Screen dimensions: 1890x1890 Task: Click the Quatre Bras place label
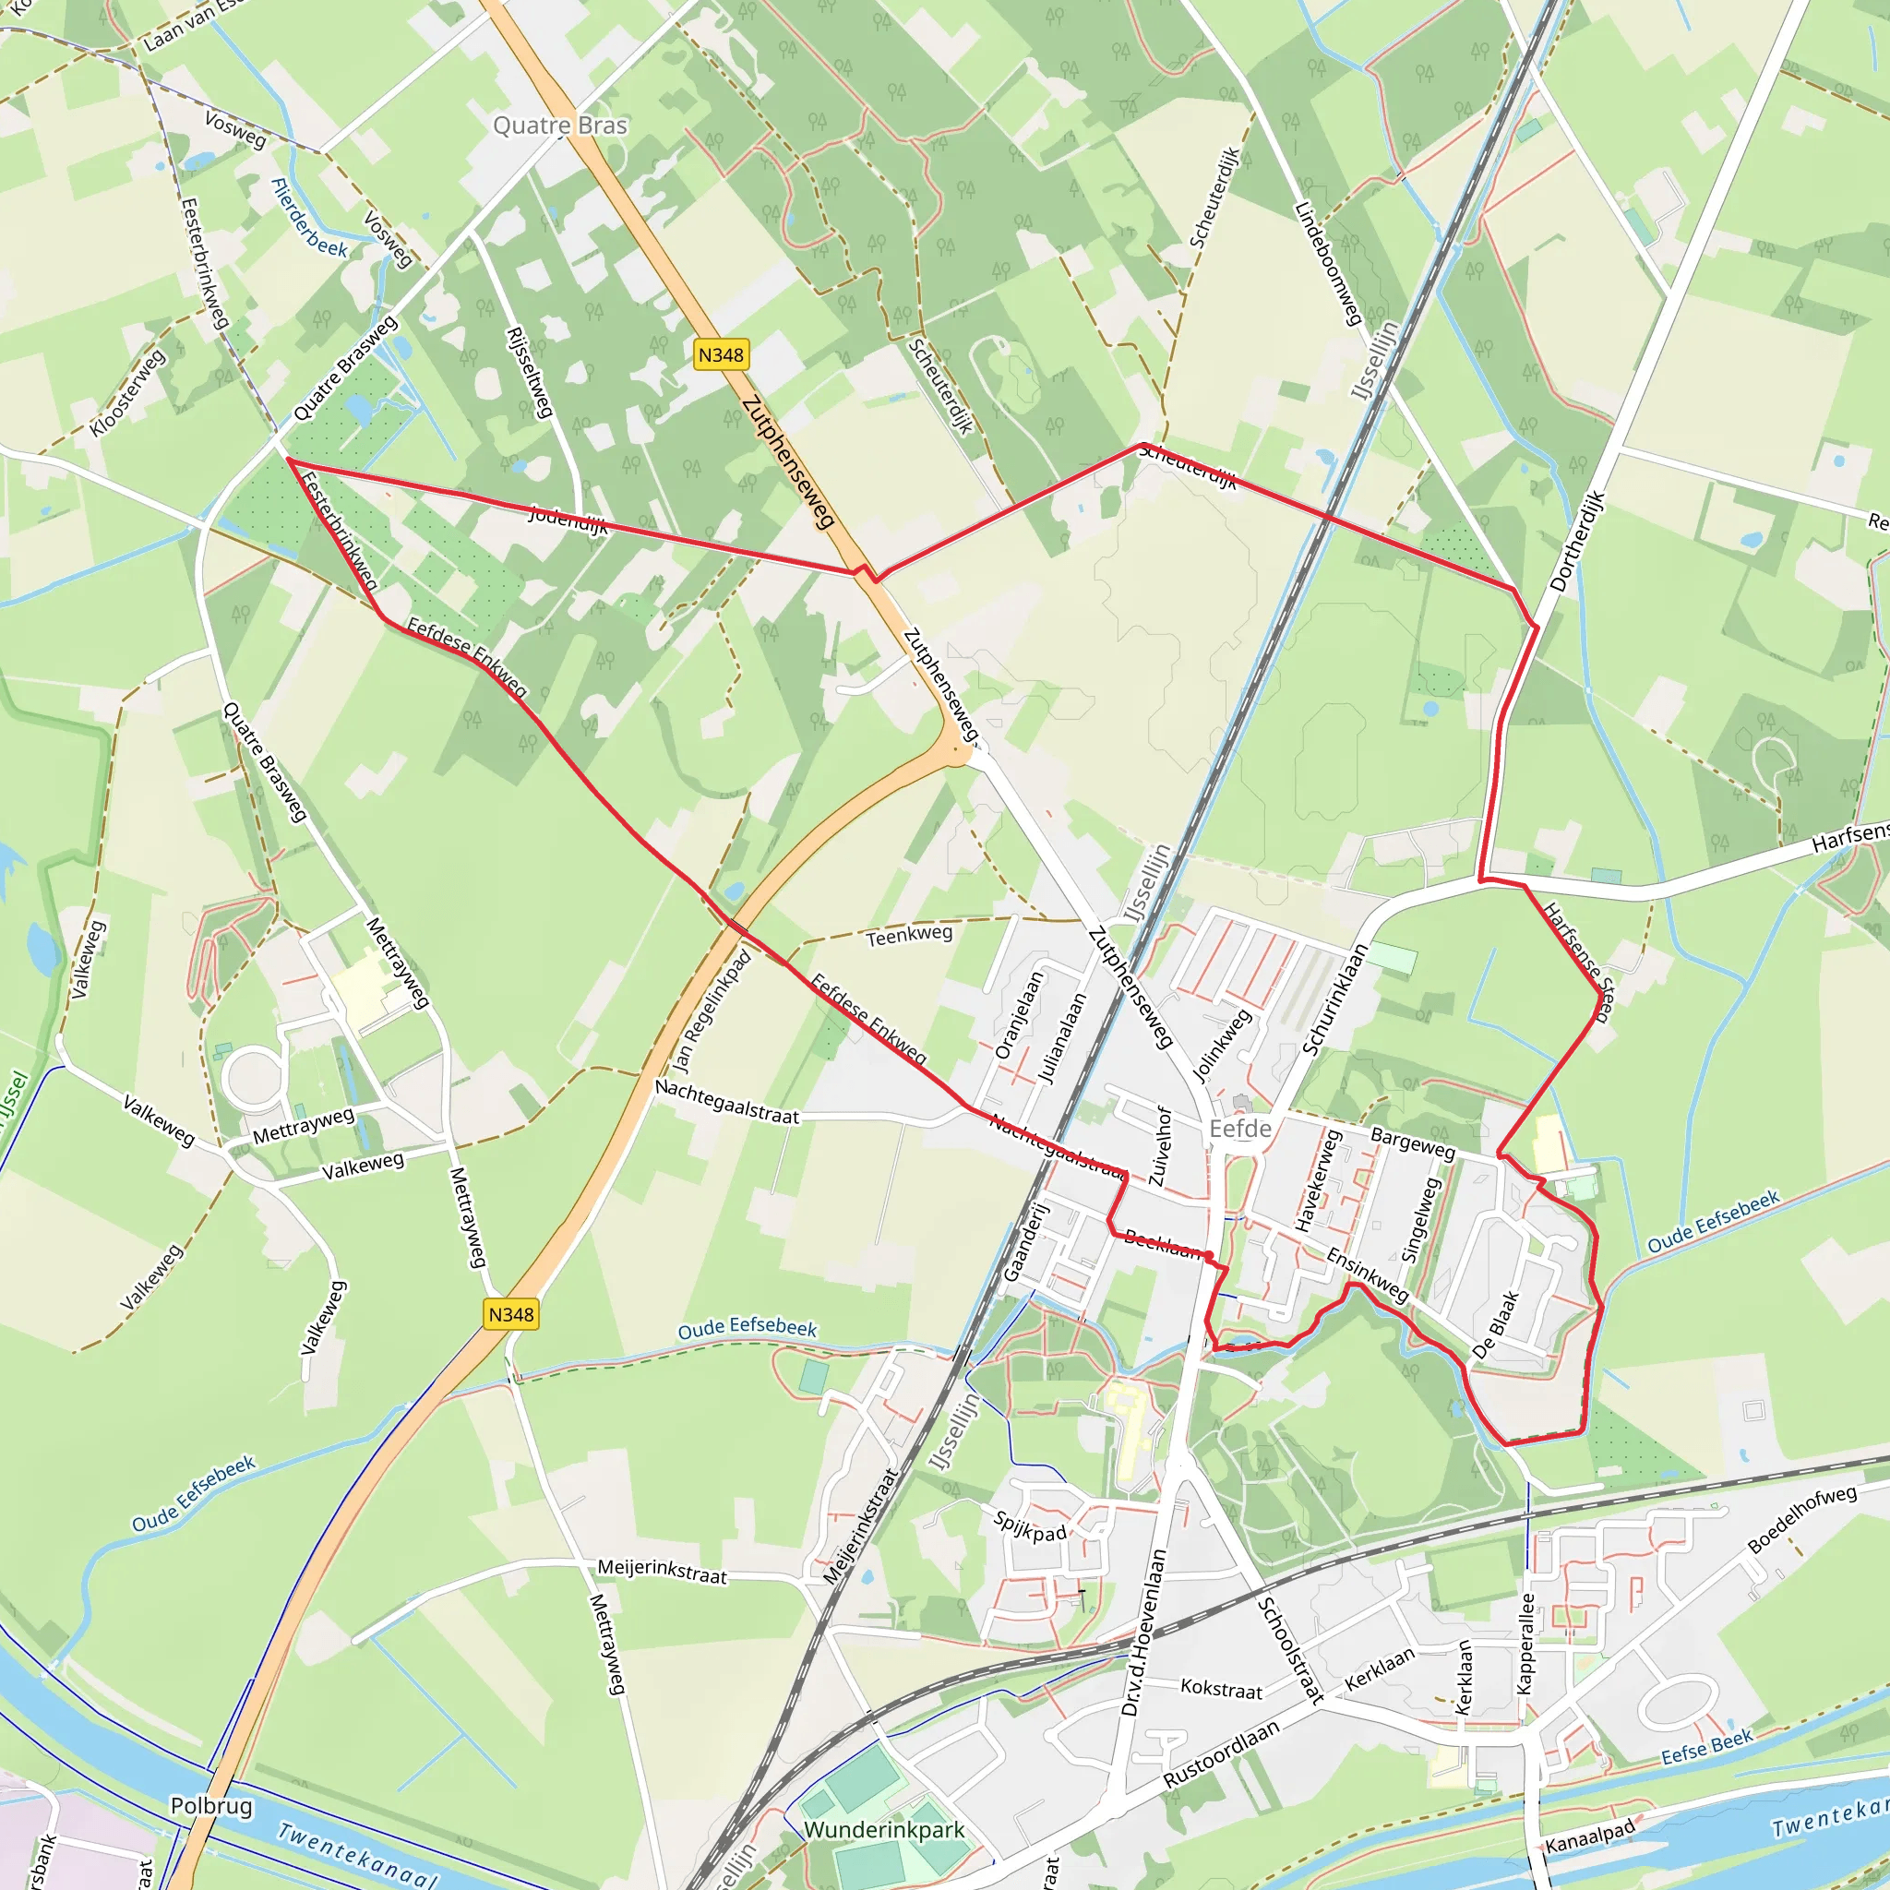[559, 126]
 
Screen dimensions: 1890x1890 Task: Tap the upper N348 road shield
[721, 354]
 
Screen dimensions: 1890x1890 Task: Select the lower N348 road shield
[510, 1314]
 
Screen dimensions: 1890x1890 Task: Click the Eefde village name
[1239, 1129]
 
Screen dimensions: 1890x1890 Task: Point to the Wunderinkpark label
[883, 1829]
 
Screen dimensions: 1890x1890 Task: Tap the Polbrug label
[211, 1806]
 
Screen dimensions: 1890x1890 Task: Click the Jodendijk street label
[568, 520]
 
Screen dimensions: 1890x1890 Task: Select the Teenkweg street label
[909, 936]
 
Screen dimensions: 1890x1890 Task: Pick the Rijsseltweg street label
[529, 372]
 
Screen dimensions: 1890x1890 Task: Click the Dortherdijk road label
[1577, 541]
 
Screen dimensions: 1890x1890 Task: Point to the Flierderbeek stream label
[309, 218]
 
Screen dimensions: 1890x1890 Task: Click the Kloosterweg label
[127, 393]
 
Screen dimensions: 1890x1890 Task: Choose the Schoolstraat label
[1290, 1649]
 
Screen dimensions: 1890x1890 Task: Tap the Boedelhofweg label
[1801, 1518]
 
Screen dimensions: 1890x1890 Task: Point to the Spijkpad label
[1029, 1526]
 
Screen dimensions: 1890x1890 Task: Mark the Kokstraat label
[1221, 1688]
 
